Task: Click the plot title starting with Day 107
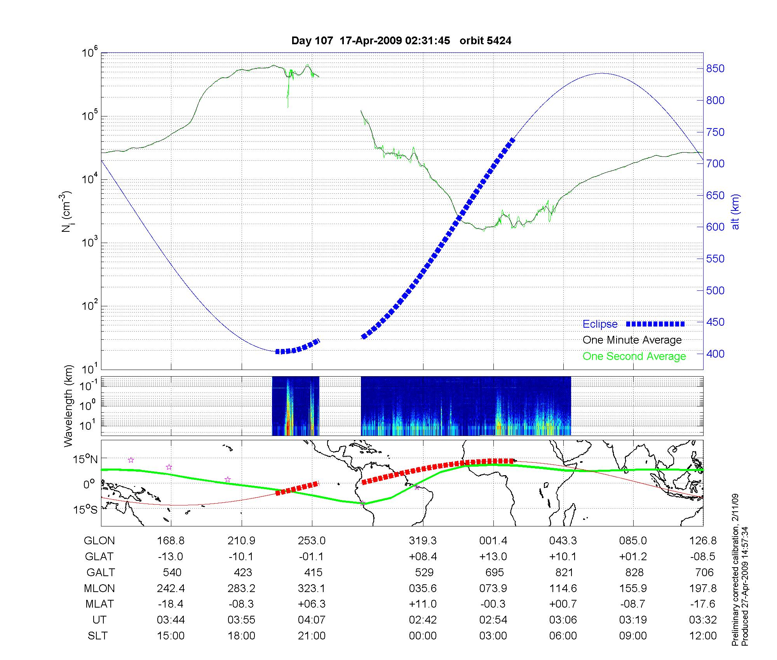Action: [401, 41]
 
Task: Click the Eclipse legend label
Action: [600, 324]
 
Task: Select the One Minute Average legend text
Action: [632, 340]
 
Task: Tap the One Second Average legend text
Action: [634, 356]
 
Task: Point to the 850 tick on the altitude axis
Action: [715, 69]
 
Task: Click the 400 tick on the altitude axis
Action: [715, 354]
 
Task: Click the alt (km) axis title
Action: [735, 212]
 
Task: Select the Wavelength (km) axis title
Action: [68, 406]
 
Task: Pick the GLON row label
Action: [99, 541]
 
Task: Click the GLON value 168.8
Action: [171, 541]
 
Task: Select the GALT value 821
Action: [564, 573]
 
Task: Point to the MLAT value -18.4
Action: [171, 604]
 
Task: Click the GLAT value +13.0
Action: [493, 557]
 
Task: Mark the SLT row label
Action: [98, 636]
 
